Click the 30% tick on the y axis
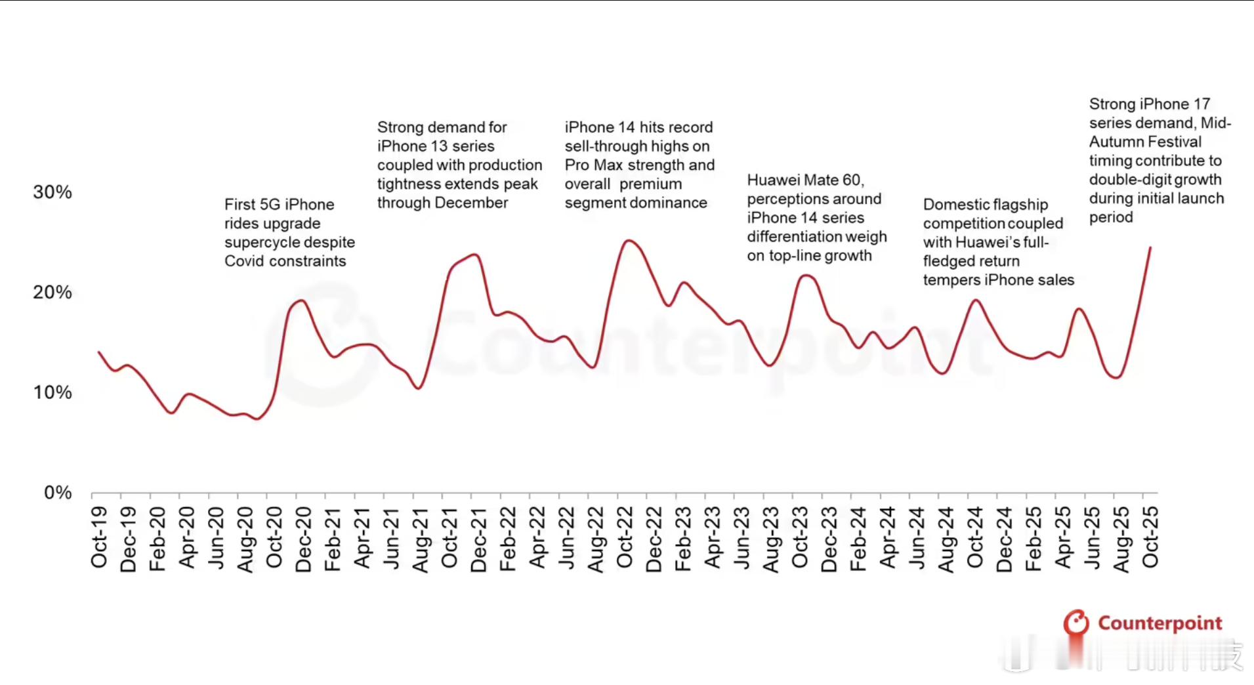click(x=52, y=192)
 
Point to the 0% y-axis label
click(x=58, y=493)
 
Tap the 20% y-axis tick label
click(x=52, y=293)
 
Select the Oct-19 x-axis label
click(x=99, y=537)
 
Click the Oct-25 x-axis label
click(x=1150, y=537)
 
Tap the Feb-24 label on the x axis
click(x=858, y=539)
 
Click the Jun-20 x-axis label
click(x=216, y=537)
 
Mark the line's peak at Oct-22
click(x=628, y=241)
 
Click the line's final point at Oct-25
click(x=1150, y=247)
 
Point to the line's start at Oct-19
click(x=99, y=352)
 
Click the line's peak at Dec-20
click(x=302, y=301)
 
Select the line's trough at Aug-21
click(x=419, y=388)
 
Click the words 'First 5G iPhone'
click(x=279, y=205)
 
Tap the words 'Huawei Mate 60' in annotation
click(x=805, y=180)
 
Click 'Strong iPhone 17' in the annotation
click(x=1149, y=104)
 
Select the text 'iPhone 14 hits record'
click(x=638, y=127)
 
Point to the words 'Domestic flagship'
click(x=985, y=205)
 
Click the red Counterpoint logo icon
click(x=1076, y=622)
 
